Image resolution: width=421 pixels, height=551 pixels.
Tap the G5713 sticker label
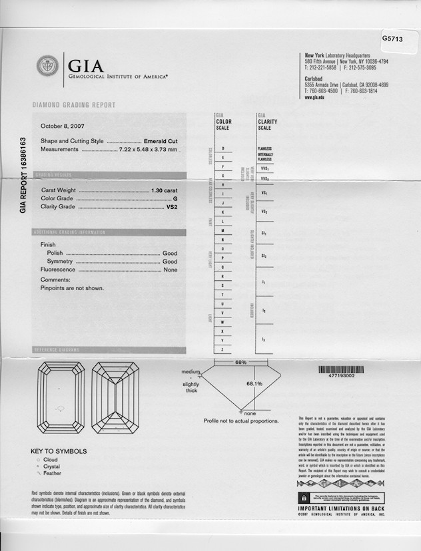tap(392, 39)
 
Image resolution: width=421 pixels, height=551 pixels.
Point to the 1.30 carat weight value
tap(165, 191)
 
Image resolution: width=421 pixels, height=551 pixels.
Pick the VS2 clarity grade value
tap(172, 207)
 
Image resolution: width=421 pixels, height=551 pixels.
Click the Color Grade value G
tap(175, 199)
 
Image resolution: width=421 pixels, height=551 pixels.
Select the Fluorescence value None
tap(171, 270)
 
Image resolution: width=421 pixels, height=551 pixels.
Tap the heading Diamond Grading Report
tap(74, 105)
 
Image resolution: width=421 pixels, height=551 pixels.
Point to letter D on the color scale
tap(222, 147)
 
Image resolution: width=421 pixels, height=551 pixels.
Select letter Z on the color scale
tap(222, 349)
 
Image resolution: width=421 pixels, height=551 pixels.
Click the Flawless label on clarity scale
tap(264, 148)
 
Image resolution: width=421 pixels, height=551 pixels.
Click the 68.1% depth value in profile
tap(254, 384)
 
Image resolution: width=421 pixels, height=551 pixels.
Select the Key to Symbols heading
tap(58, 452)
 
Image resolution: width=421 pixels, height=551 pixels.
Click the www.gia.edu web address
tap(314, 97)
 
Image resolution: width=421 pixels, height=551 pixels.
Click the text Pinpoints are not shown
tap(72, 288)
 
